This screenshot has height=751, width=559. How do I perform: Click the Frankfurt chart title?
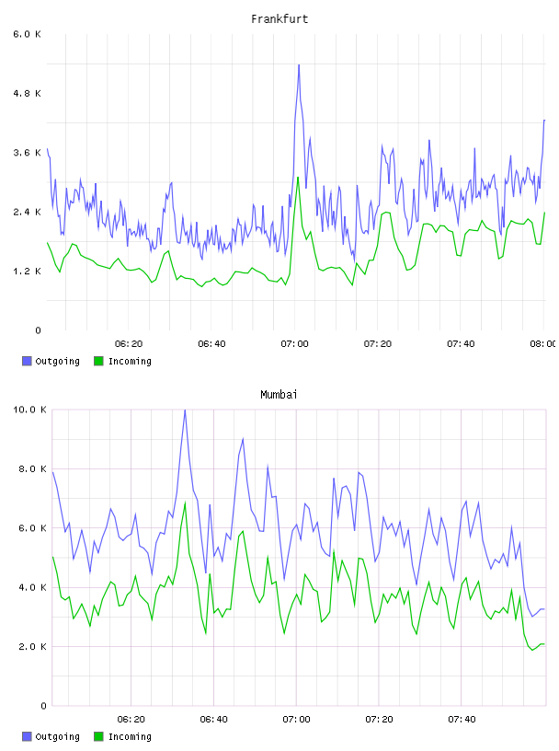pyautogui.click(x=279, y=19)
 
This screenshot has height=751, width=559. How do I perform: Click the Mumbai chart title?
pyautogui.click(x=279, y=395)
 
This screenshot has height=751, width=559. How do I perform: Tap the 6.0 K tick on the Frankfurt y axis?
pyautogui.click(x=28, y=34)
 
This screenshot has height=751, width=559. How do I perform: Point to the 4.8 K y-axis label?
pyautogui.click(x=28, y=93)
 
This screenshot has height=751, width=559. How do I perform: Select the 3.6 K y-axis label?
pyautogui.click(x=28, y=153)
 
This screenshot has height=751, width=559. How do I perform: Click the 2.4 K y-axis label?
pyautogui.click(x=28, y=213)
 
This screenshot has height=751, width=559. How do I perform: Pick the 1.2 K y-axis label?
pyautogui.click(x=28, y=272)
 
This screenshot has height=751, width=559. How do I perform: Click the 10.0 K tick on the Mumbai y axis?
pyautogui.click(x=29, y=410)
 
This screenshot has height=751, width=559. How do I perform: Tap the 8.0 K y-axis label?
pyautogui.click(x=32, y=468)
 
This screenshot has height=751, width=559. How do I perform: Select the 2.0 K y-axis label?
pyautogui.click(x=32, y=647)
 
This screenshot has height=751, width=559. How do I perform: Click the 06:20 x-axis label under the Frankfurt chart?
pyautogui.click(x=129, y=344)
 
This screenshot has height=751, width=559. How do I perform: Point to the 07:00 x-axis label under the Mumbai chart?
pyautogui.click(x=296, y=720)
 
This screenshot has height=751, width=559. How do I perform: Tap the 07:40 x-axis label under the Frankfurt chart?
pyautogui.click(x=461, y=344)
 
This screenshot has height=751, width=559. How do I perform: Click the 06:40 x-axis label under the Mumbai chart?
pyautogui.click(x=213, y=720)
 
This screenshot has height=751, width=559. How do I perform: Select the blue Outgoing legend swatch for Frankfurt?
pyautogui.click(x=27, y=361)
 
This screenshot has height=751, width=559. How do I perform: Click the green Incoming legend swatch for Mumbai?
pyautogui.click(x=98, y=736)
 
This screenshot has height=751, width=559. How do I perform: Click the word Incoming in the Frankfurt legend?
pyautogui.click(x=130, y=362)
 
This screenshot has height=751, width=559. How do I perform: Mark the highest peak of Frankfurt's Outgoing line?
pyautogui.click(x=299, y=64)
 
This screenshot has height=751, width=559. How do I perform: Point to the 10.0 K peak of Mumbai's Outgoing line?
pyautogui.click(x=185, y=410)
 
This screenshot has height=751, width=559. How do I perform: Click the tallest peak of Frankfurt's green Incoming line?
pyautogui.click(x=298, y=178)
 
